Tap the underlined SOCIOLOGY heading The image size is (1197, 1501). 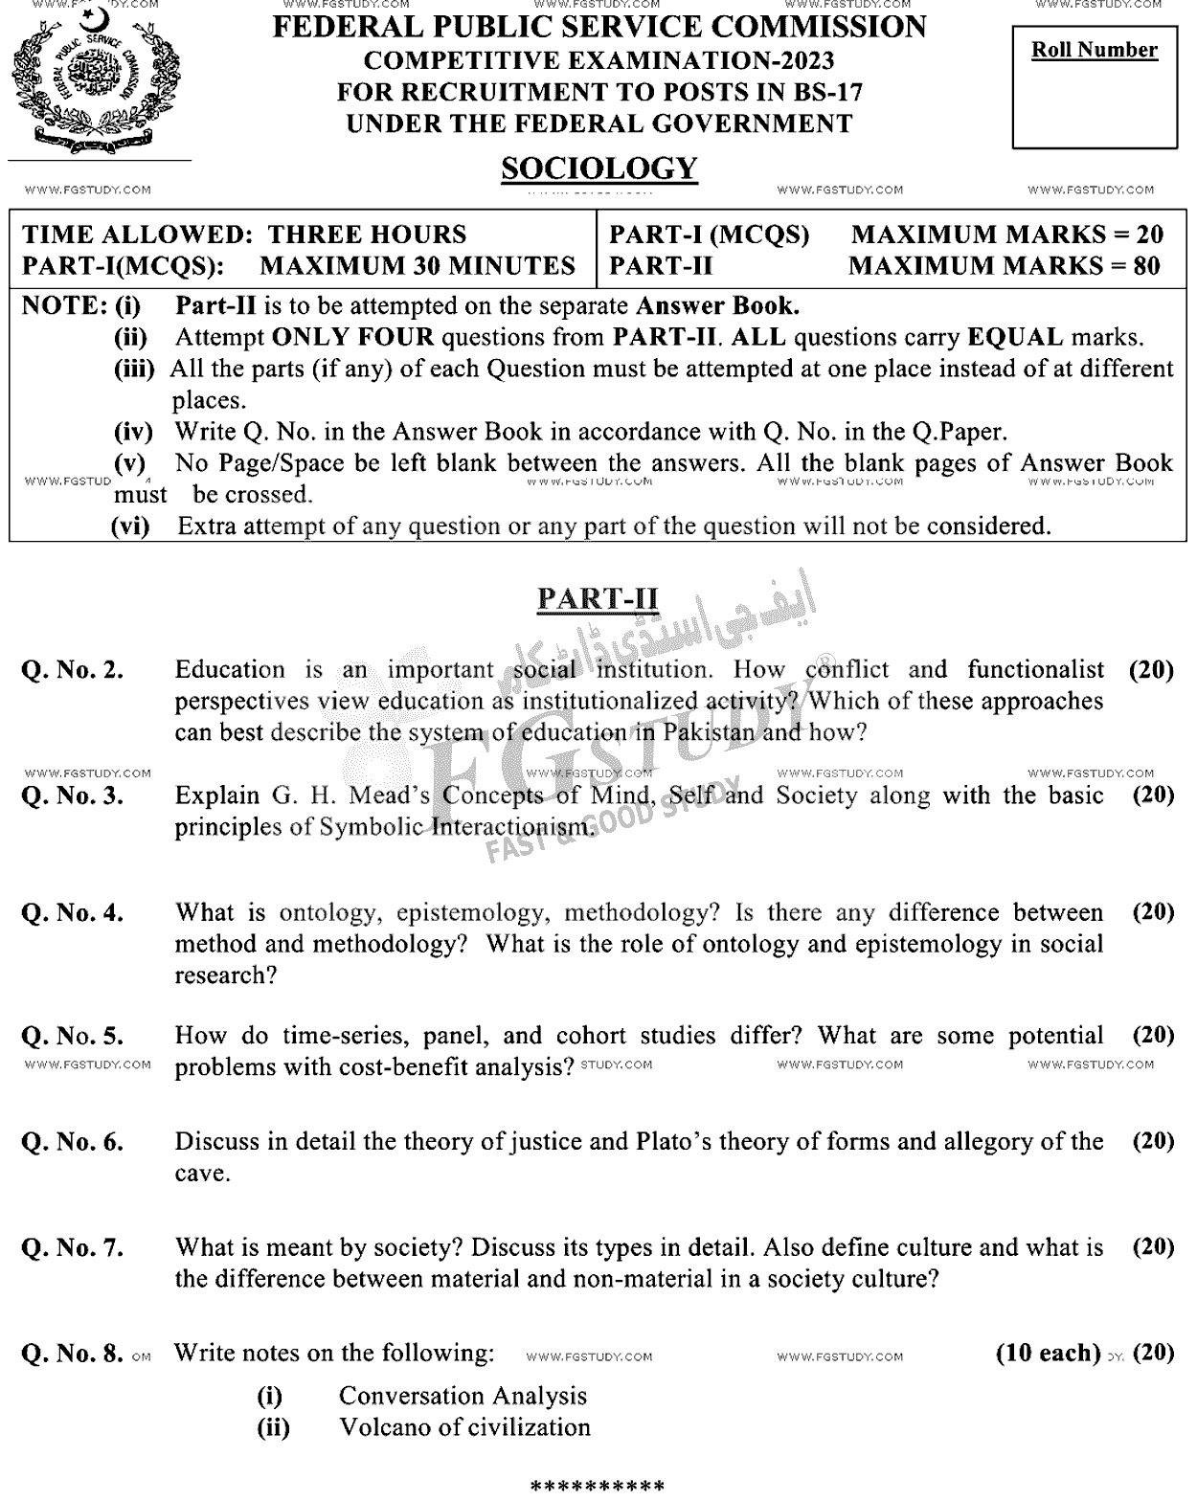(x=598, y=168)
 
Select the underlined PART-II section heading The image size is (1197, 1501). (x=598, y=598)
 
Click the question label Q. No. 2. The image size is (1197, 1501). (x=73, y=670)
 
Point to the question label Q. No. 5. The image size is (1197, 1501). (x=73, y=1036)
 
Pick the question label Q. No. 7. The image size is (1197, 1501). (x=73, y=1247)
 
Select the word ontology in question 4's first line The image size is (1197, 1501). (x=330, y=912)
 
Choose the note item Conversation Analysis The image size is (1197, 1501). (x=463, y=1396)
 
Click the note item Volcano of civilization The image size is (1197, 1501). (x=464, y=1427)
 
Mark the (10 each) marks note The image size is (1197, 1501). (x=1048, y=1353)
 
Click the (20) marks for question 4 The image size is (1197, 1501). (x=1153, y=912)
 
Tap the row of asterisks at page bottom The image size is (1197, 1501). (x=598, y=1487)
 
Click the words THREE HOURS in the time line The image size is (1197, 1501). (x=367, y=235)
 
